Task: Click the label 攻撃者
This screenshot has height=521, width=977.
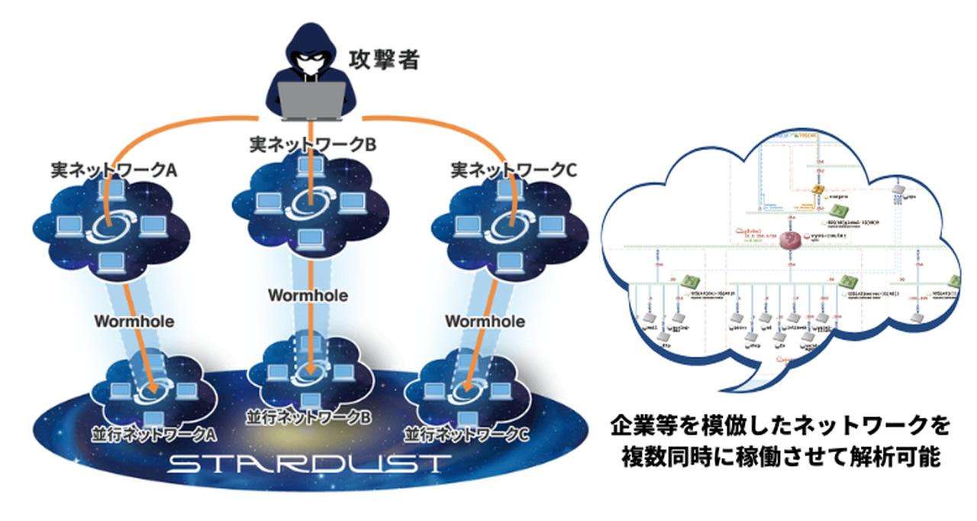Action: pos(384,60)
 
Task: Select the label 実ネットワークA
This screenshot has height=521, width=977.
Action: pos(114,170)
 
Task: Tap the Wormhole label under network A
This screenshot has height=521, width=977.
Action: pos(134,321)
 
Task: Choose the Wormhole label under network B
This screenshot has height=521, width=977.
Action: pos(308,294)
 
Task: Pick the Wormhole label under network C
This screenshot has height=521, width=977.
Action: pos(485,321)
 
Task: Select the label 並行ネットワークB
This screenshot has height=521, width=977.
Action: pos(308,418)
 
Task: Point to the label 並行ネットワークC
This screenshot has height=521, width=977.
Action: pos(465,433)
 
